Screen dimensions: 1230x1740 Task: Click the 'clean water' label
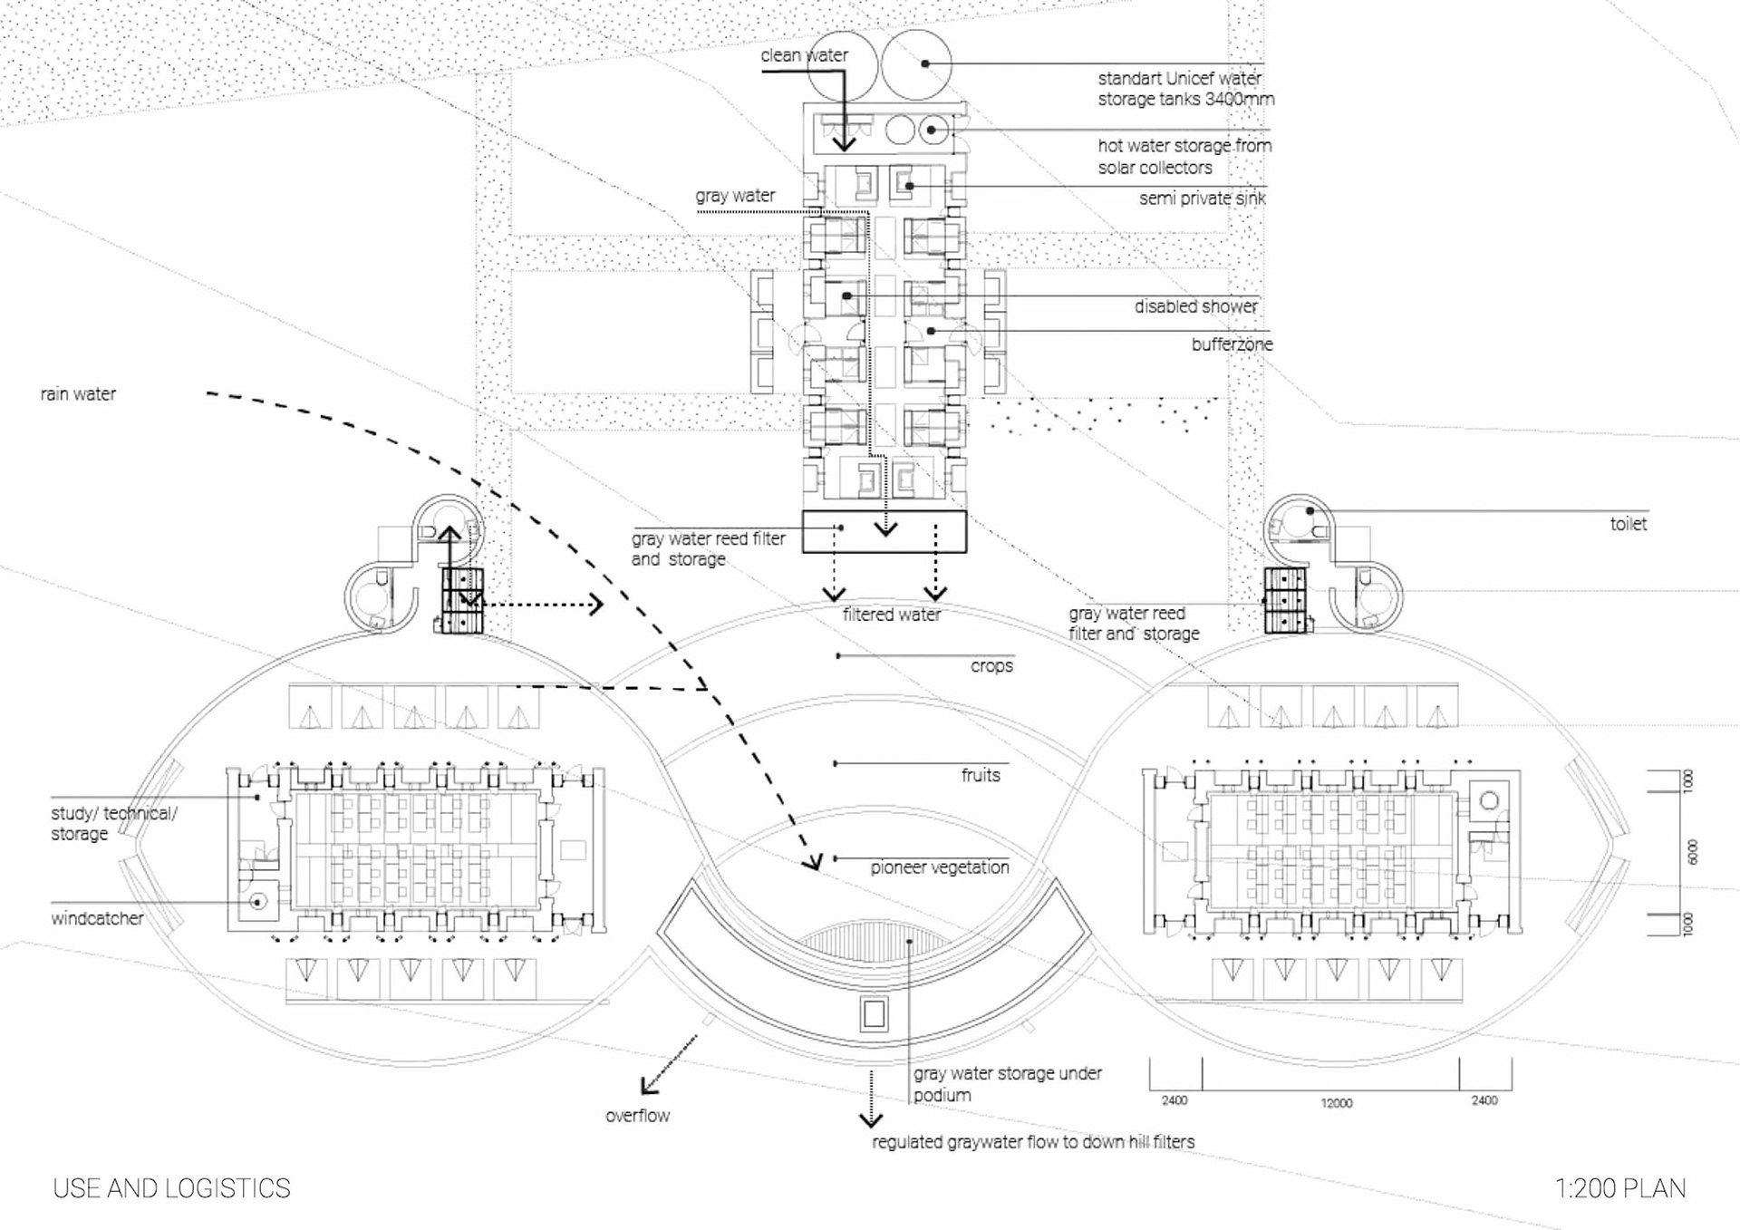[804, 55]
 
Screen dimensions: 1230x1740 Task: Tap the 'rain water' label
[78, 394]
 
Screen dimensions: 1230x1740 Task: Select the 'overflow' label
[637, 1116]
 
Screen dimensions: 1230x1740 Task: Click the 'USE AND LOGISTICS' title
[171, 1188]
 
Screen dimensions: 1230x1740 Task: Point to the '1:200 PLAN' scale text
[1620, 1188]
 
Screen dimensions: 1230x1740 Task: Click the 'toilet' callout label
[1628, 524]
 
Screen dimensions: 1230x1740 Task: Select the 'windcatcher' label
[97, 918]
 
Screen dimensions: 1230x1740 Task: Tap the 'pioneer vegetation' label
[940, 867]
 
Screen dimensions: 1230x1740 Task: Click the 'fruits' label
[981, 775]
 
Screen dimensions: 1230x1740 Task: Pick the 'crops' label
[991, 666]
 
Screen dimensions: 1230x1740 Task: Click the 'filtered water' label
[892, 615]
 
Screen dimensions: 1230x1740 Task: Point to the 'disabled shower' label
[1195, 307]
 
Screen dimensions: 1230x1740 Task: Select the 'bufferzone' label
[1232, 344]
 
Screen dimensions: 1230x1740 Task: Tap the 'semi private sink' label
[1202, 199]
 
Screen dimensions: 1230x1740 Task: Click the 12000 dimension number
[1336, 1103]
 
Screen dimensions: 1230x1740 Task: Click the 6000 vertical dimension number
[1691, 852]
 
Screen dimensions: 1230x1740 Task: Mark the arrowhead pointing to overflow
[647, 1084]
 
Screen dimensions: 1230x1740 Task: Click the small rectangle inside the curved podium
[874, 1013]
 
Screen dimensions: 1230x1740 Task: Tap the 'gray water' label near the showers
[735, 196]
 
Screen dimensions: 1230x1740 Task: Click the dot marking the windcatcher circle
[258, 903]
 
